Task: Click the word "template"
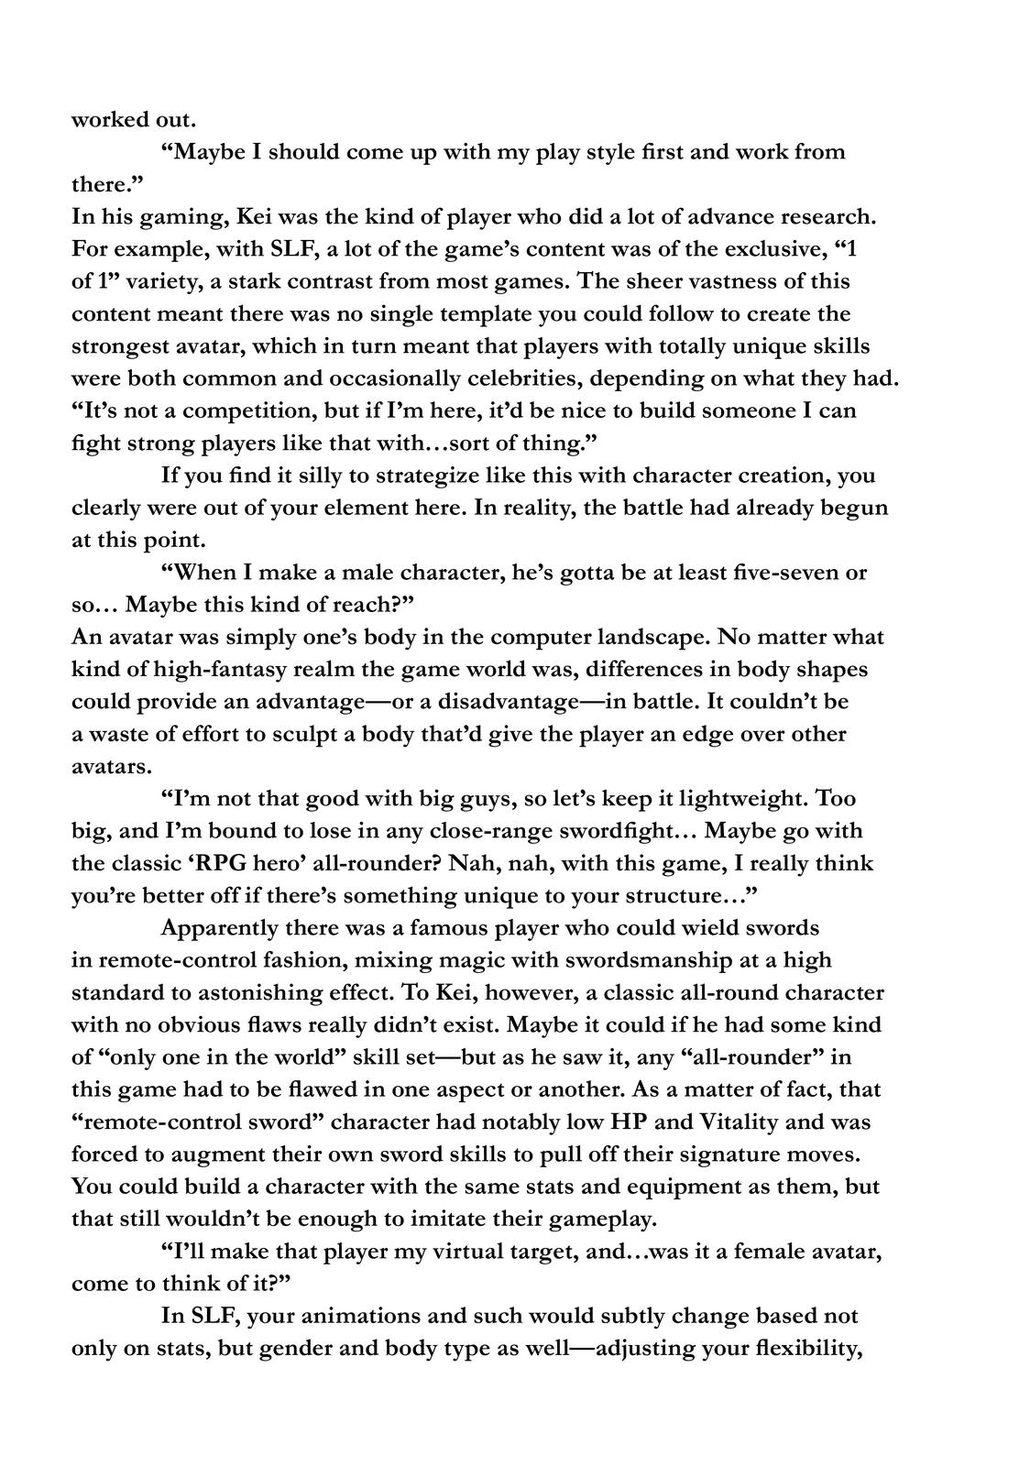[x=455, y=314]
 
